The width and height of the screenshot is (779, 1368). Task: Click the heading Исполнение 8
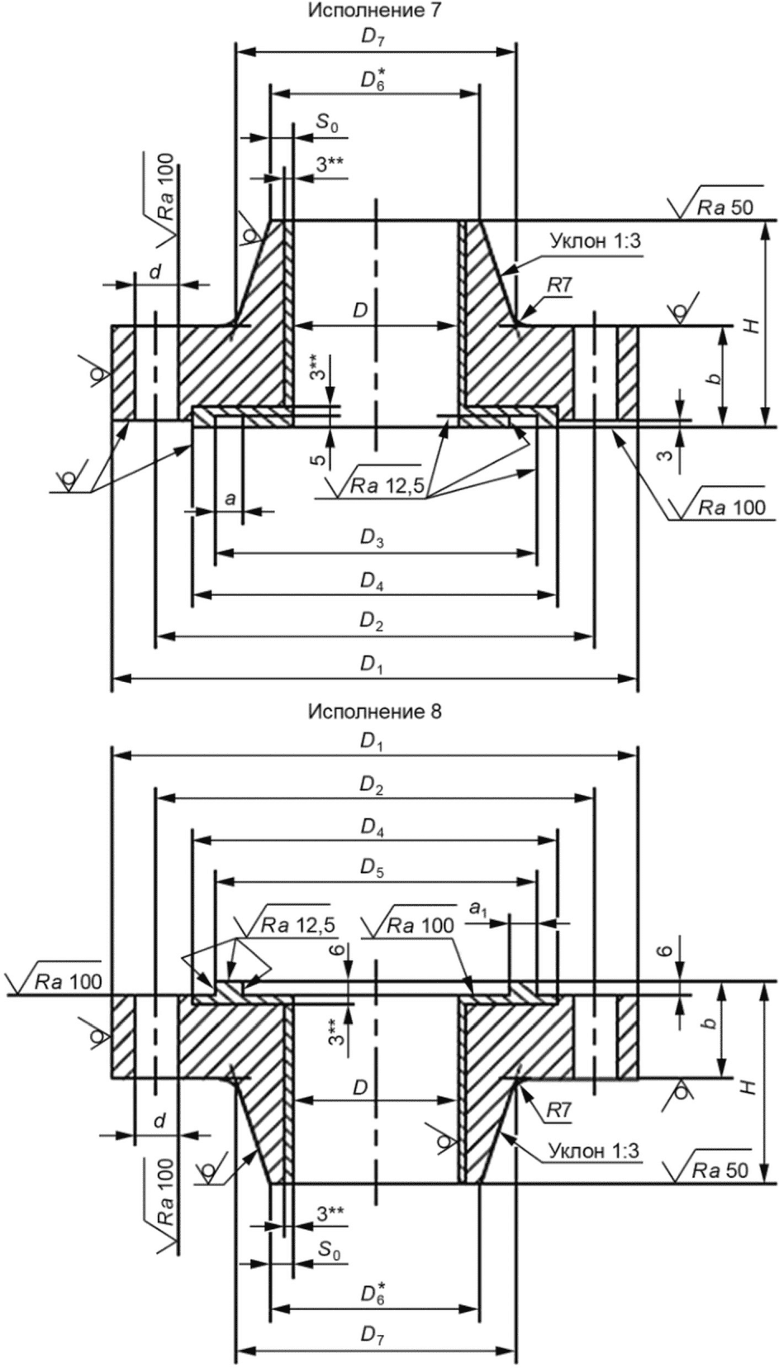click(373, 712)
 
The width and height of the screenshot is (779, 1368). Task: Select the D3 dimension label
click(372, 539)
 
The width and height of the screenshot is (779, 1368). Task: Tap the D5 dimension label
click(372, 868)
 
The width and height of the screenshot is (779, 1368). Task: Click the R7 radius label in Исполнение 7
click(559, 285)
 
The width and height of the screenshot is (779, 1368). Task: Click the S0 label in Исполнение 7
click(327, 124)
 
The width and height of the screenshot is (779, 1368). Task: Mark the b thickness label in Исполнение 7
click(718, 377)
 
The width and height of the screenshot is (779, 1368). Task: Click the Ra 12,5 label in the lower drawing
click(298, 925)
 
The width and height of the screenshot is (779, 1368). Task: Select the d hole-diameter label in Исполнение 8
click(159, 1122)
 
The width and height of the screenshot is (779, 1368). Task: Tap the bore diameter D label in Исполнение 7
click(360, 310)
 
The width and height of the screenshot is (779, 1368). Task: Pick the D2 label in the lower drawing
click(372, 786)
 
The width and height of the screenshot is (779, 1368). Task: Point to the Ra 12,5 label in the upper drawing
click(387, 487)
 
